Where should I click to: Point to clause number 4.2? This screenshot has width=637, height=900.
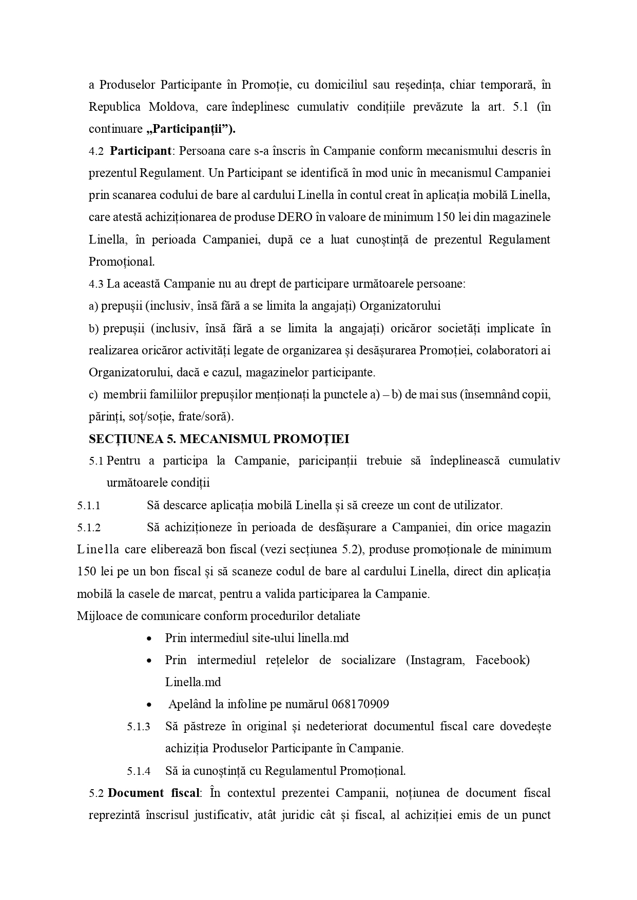click(96, 152)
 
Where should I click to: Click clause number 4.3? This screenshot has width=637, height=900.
click(96, 284)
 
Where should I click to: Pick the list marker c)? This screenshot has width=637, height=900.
click(93, 395)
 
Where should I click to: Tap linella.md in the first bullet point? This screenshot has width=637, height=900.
click(323, 638)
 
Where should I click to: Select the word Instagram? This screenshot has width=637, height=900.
click(435, 661)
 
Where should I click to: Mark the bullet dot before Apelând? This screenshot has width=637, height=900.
click(149, 705)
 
